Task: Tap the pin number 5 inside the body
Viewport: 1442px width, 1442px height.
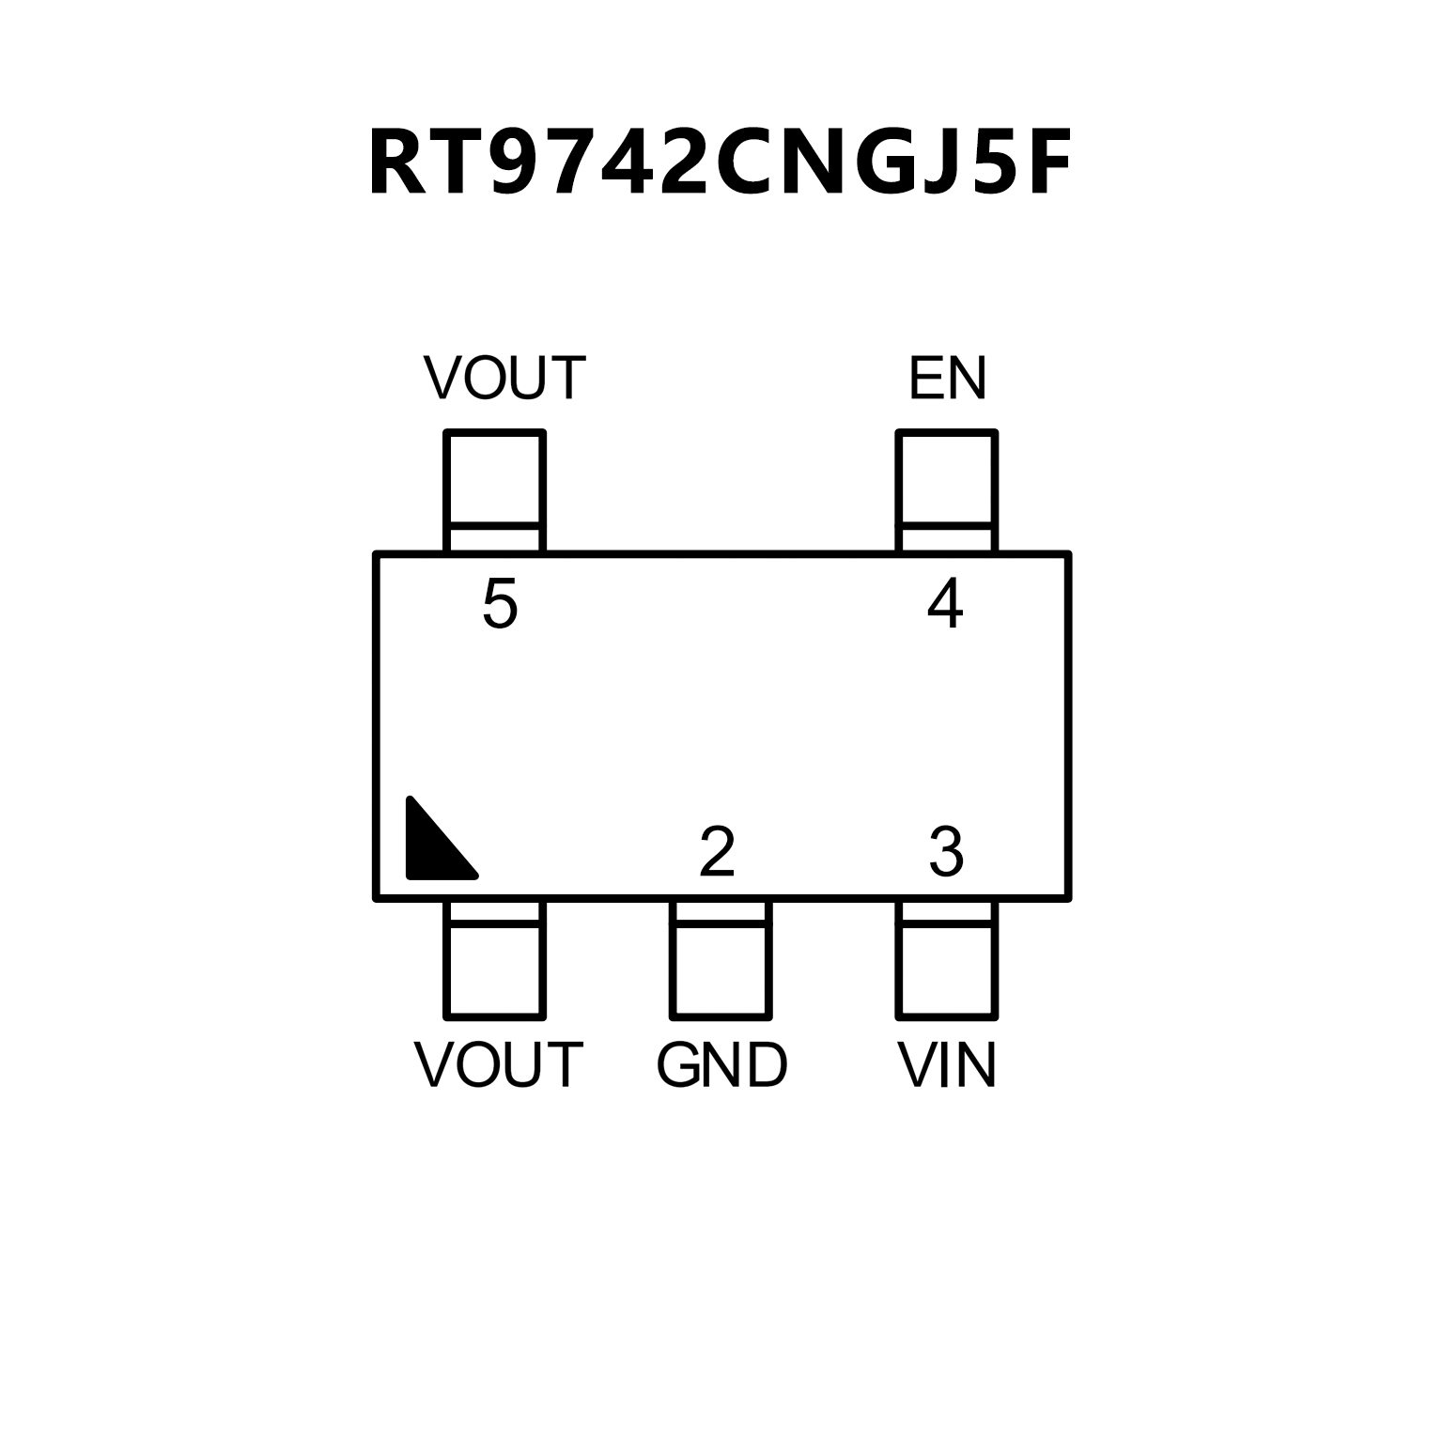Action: pyautogui.click(x=500, y=603)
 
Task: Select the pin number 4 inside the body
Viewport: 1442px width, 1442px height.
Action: pyautogui.click(x=945, y=603)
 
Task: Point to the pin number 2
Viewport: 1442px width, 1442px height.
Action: pyautogui.click(x=717, y=852)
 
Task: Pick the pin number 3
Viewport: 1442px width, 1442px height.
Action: pyautogui.click(x=946, y=852)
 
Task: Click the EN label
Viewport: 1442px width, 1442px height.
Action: pyautogui.click(x=947, y=379)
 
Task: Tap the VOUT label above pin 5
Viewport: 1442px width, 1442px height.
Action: pyautogui.click(x=504, y=379)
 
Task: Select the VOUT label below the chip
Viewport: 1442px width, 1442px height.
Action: pyautogui.click(x=499, y=1066)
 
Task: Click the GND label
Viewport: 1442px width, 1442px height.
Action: pyautogui.click(x=721, y=1066)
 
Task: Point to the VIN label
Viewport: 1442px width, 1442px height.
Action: pyautogui.click(x=947, y=1066)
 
